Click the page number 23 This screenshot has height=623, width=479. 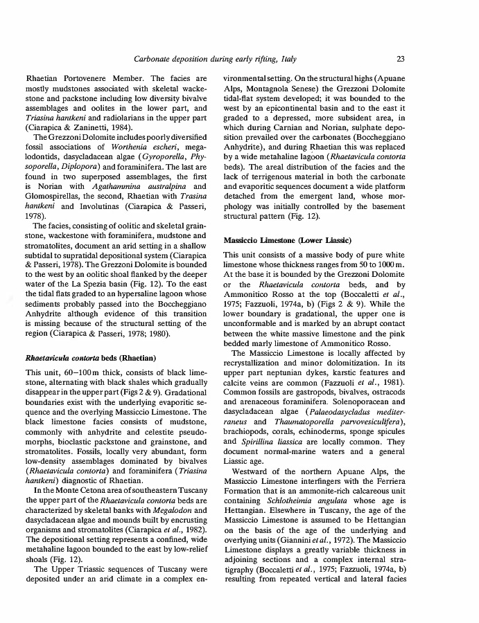pyautogui.click(x=401, y=59)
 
